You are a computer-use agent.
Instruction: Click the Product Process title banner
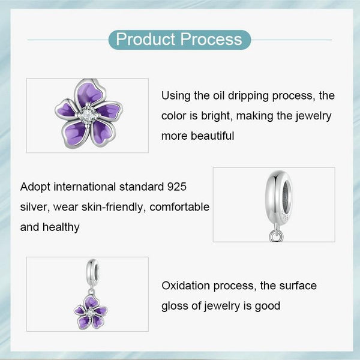point(179,40)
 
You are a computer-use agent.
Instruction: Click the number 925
point(182,187)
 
